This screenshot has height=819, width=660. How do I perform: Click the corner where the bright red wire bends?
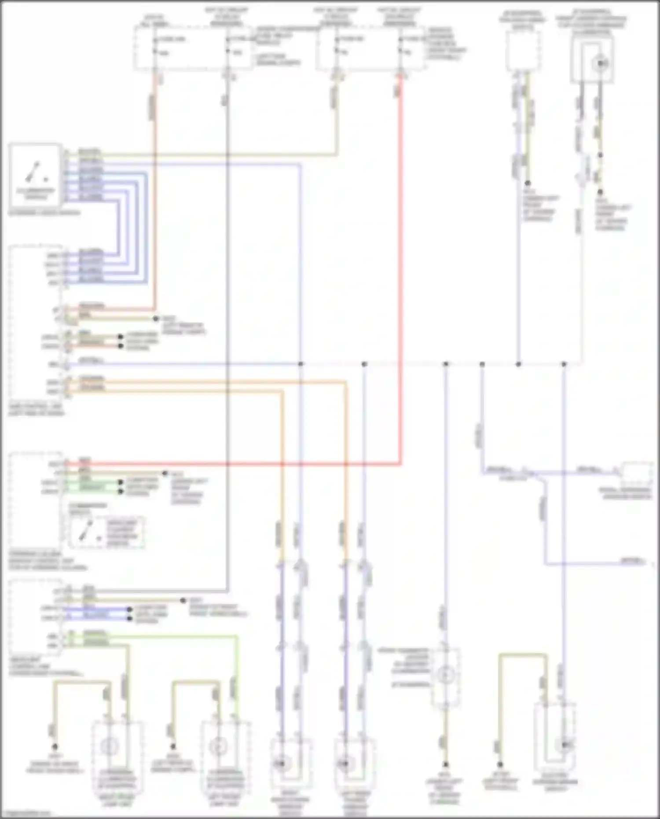click(x=400, y=463)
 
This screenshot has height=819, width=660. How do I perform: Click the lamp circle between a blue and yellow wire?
click(x=445, y=674)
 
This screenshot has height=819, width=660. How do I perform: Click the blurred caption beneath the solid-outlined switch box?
click(x=44, y=213)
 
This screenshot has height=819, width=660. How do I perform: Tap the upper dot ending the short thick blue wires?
click(x=129, y=610)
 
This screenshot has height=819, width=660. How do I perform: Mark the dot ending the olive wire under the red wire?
click(x=165, y=474)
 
